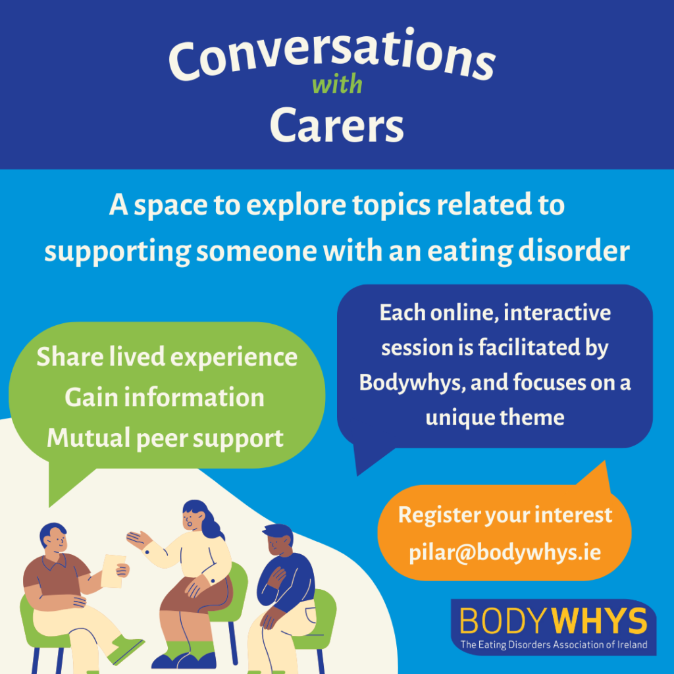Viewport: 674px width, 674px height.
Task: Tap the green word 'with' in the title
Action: pyautogui.click(x=337, y=86)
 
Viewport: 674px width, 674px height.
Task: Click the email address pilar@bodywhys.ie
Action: pyautogui.click(x=505, y=551)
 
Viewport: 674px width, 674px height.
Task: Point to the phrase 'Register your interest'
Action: pyautogui.click(x=505, y=515)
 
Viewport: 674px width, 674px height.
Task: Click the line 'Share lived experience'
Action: pyautogui.click(x=167, y=357)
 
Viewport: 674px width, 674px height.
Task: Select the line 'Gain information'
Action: pyautogui.click(x=165, y=398)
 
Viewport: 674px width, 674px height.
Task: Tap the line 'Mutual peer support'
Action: pyautogui.click(x=165, y=438)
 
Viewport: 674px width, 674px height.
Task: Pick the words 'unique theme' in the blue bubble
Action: pyautogui.click(x=495, y=417)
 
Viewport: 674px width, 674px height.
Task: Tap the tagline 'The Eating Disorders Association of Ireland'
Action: pyautogui.click(x=554, y=644)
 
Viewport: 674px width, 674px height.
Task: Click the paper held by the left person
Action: pyautogui.click(x=113, y=570)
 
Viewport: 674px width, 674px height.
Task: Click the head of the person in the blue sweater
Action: pyautogui.click(x=276, y=541)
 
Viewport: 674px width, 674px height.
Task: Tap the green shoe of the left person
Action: pyautogui.click(x=125, y=648)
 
